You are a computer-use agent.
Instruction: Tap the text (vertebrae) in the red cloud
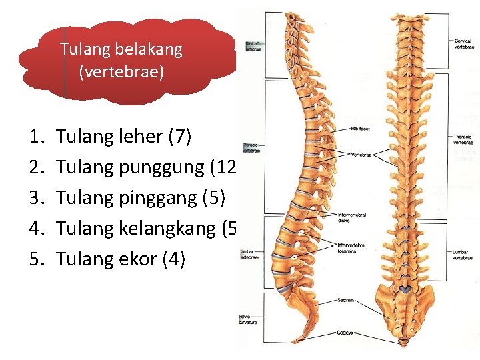click(x=121, y=71)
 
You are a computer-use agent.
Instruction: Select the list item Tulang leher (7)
click(x=124, y=137)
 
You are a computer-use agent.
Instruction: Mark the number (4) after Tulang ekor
click(x=173, y=259)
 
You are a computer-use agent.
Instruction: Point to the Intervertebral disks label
click(x=351, y=217)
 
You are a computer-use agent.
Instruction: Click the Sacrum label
click(x=346, y=301)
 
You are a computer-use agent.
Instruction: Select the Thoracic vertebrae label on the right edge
click(x=463, y=139)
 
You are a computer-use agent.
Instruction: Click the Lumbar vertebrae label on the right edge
click(x=463, y=255)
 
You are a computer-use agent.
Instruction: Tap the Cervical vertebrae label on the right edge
click(x=463, y=44)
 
